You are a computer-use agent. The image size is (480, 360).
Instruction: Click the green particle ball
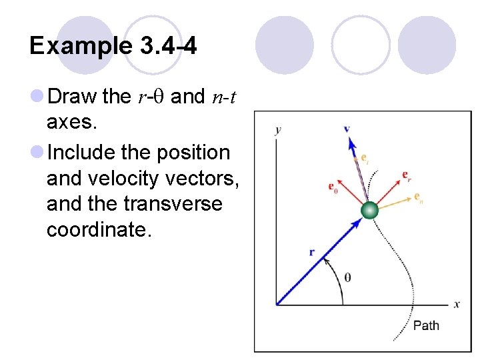tap(369, 211)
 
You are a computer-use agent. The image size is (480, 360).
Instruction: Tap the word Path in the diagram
tap(426, 325)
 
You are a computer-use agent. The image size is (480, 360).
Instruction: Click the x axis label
tap(457, 304)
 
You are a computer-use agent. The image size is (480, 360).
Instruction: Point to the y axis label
tap(277, 129)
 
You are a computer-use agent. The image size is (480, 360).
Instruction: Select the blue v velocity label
tap(347, 128)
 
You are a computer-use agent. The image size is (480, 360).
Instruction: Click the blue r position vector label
tap(311, 252)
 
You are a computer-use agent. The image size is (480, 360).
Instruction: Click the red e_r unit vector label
tap(406, 175)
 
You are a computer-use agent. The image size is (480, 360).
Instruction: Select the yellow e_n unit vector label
tap(418, 197)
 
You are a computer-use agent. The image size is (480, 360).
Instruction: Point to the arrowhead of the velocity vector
tap(349, 141)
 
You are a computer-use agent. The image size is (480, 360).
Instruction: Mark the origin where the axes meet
tap(276, 305)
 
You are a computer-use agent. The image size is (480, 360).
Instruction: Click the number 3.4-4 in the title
tap(169, 46)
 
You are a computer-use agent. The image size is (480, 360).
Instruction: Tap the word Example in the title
tap(81, 46)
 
